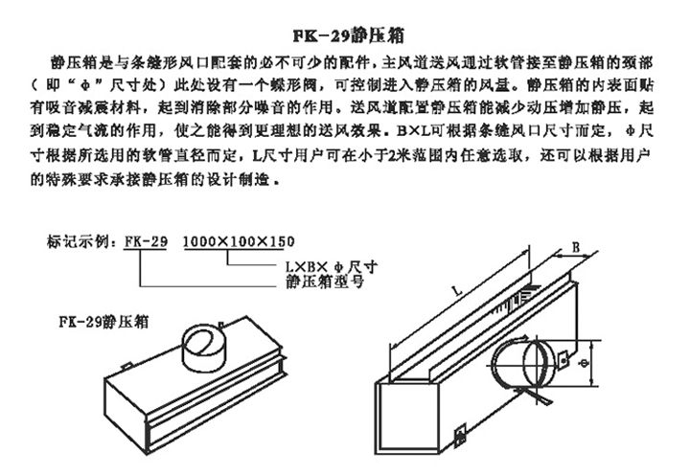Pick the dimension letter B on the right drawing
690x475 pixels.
click(577, 245)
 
